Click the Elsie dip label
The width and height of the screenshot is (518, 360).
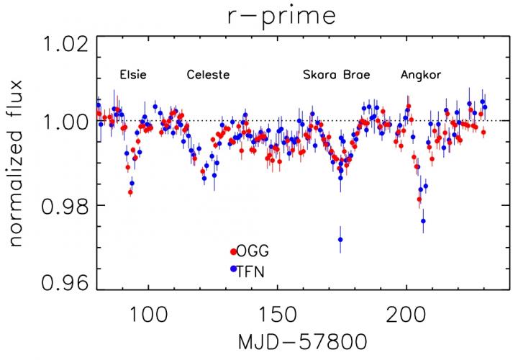[133, 75]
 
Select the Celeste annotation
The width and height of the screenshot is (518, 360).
[208, 75]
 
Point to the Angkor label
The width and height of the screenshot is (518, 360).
[421, 75]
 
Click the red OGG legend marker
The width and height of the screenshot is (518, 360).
[233, 251]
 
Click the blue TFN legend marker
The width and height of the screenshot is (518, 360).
[233, 269]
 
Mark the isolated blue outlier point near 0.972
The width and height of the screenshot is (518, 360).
[340, 239]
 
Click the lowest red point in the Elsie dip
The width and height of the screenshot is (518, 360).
[130, 192]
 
